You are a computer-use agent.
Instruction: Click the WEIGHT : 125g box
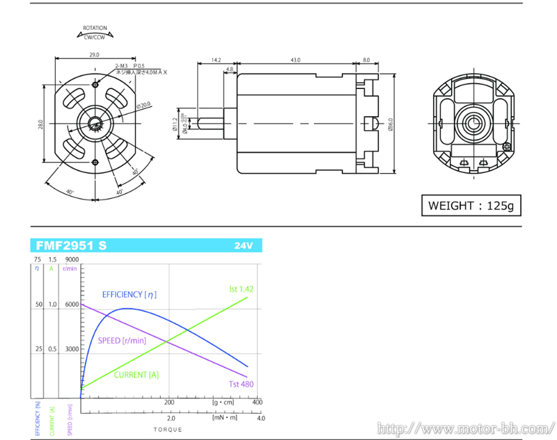coord(471,205)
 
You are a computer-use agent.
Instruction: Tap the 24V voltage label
coord(244,245)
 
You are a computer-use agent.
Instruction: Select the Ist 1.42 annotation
coord(242,288)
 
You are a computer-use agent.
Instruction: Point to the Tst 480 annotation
coord(241,384)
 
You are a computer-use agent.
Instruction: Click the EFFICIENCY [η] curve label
coord(130,295)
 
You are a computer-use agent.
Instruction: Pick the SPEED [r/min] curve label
coord(121,341)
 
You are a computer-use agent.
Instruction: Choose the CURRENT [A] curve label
coord(136,375)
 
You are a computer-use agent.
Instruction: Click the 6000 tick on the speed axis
coord(72,304)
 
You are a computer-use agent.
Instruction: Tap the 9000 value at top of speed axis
coord(71,259)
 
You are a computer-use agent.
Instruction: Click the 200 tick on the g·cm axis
coord(168,402)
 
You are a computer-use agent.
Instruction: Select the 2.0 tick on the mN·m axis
coord(171,418)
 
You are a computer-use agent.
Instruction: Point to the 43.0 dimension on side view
coord(296,60)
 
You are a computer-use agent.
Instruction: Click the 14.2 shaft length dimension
coord(216,60)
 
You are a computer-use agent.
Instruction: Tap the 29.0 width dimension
coord(94,54)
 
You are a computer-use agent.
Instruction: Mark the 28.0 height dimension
coord(42,124)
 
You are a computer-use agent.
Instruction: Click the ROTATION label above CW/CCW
coord(95,28)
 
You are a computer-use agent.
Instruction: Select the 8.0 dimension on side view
coord(366,60)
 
